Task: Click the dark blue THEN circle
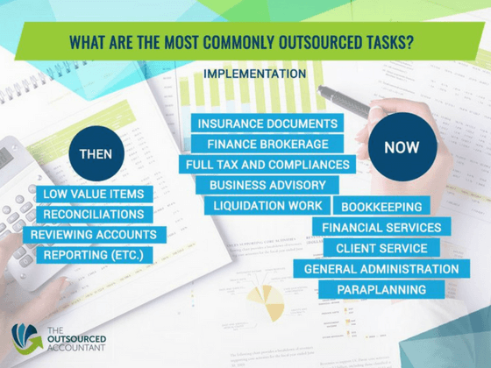point(96,154)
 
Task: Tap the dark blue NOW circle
point(402,147)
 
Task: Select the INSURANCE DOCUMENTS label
point(267,124)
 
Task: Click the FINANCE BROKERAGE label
point(267,144)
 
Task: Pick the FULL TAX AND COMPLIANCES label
point(267,164)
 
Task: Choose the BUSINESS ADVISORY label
point(267,185)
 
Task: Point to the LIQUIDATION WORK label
point(267,206)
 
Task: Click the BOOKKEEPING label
point(381,207)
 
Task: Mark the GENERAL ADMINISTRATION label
point(381,269)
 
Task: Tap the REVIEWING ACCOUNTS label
point(94,235)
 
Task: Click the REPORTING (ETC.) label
point(90,255)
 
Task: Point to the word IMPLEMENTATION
point(254,74)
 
